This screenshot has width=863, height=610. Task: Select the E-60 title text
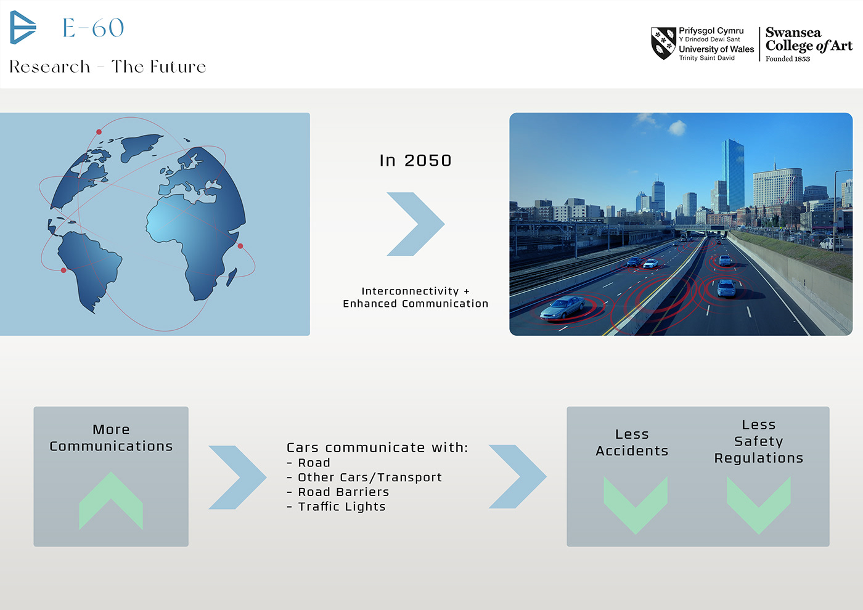click(93, 28)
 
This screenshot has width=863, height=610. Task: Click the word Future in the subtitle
click(178, 67)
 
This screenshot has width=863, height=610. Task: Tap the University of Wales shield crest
click(663, 43)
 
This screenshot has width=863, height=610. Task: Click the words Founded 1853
click(788, 59)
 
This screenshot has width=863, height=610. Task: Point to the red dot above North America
click(99, 132)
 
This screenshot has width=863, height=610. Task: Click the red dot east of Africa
click(240, 246)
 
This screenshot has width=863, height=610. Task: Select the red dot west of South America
click(63, 270)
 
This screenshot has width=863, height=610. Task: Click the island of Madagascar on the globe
click(231, 278)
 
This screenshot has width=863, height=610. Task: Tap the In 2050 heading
click(415, 161)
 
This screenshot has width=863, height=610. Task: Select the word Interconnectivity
click(410, 291)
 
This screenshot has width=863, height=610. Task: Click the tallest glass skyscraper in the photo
click(732, 175)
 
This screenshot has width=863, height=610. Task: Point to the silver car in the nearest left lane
click(562, 307)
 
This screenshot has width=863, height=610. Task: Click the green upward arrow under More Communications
click(111, 500)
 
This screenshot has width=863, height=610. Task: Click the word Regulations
click(759, 458)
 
